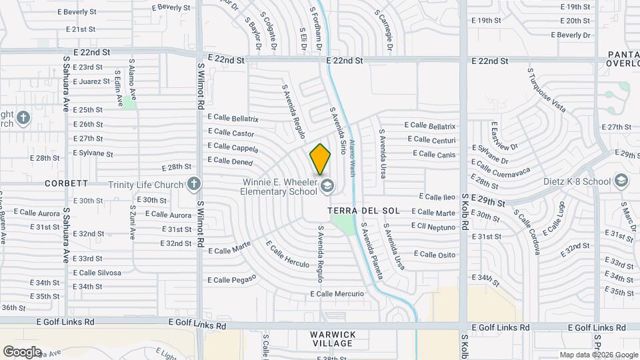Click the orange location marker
pyautogui.click(x=320, y=159)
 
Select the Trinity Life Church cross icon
pyautogui.click(x=194, y=183)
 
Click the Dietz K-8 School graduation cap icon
pyautogui.click(x=621, y=181)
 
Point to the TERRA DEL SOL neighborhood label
pyautogui.click(x=364, y=211)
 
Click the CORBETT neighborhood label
pyautogui.click(x=67, y=183)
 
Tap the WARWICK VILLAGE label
pyautogui.click(x=333, y=339)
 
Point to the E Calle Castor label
pyautogui.click(x=231, y=133)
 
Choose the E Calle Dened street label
pyautogui.click(x=230, y=161)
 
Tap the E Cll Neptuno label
pyautogui.click(x=433, y=227)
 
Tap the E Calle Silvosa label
pyautogui.click(x=97, y=273)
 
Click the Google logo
pyautogui.click(x=23, y=351)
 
